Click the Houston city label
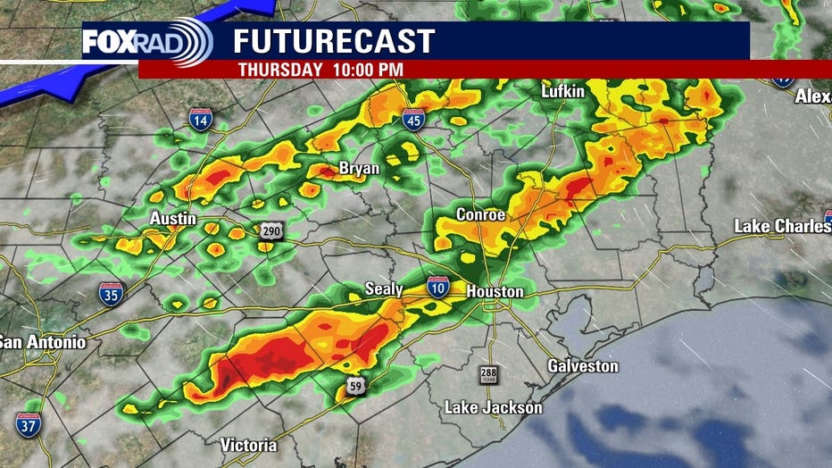point(495,292)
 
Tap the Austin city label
point(173,219)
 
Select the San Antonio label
point(42,342)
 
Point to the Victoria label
point(248,445)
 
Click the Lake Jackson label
point(493,408)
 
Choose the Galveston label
point(582,366)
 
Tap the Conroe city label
point(480,215)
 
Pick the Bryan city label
point(359,168)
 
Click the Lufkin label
point(562,92)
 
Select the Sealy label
point(384,289)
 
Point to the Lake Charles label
point(782,226)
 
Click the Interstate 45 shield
point(413,120)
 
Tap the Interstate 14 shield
point(200,120)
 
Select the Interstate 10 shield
point(438,286)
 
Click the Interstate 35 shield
point(112,294)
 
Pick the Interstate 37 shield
point(28,423)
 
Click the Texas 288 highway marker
point(488,374)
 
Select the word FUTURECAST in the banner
point(334,41)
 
